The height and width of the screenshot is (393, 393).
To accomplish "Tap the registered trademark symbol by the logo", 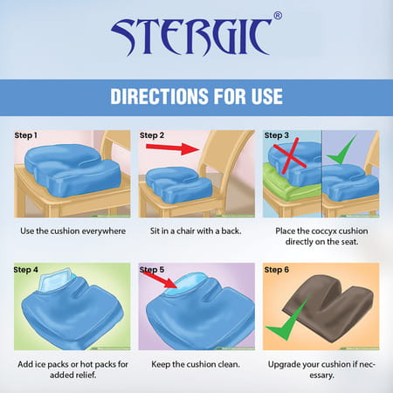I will click(278, 16).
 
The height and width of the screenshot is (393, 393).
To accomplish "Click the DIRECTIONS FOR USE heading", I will click(196, 96).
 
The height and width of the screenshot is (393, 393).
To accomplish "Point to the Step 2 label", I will click(153, 135).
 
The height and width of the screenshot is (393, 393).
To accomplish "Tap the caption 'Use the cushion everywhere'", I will click(70, 231).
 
